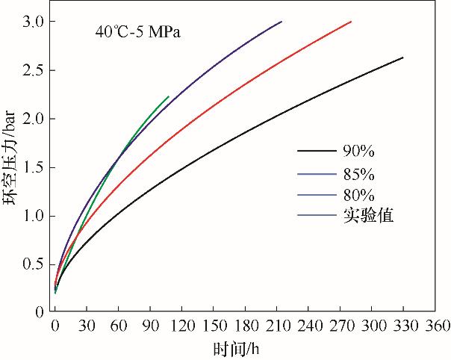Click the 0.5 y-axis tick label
click(x=34, y=264)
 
